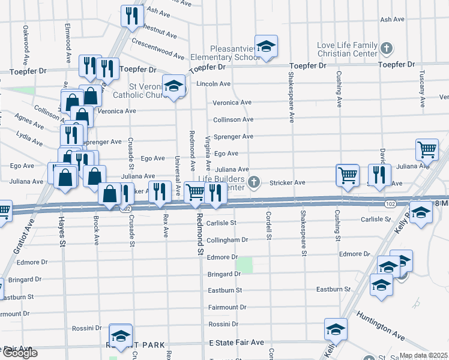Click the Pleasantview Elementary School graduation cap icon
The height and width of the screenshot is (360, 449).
click(x=265, y=46)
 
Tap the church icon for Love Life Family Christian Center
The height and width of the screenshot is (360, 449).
click(x=387, y=47)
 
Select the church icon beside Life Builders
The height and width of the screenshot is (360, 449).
click(x=255, y=181)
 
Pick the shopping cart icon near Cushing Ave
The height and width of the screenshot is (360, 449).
click(x=347, y=175)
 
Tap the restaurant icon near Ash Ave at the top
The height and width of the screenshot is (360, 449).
click(x=131, y=15)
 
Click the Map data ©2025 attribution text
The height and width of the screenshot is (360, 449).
click(x=424, y=355)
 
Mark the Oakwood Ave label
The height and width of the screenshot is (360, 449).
click(x=25, y=44)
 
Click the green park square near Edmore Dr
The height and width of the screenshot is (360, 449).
click(x=244, y=265)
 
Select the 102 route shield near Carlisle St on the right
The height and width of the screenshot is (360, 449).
click(x=390, y=205)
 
